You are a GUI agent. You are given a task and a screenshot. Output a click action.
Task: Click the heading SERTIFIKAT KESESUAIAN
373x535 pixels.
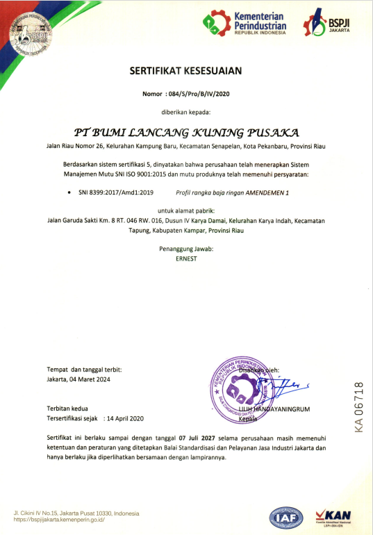[x=185, y=70]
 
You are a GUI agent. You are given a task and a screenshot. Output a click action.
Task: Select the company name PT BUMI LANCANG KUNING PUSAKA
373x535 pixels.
[x=186, y=131]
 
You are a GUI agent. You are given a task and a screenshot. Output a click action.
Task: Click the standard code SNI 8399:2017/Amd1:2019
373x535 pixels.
[x=111, y=190]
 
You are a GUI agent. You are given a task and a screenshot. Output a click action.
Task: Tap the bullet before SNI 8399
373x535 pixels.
[x=68, y=190]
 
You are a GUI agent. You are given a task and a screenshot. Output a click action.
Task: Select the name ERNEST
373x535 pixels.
[x=185, y=258]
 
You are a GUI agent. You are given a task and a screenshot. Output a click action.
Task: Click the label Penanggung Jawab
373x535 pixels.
[x=185, y=248]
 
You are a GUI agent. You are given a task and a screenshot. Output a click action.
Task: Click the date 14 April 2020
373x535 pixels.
[x=126, y=419]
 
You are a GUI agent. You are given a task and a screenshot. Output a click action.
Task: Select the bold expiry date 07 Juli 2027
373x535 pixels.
[x=197, y=439]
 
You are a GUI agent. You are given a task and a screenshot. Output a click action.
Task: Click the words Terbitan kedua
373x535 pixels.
[x=67, y=409]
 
